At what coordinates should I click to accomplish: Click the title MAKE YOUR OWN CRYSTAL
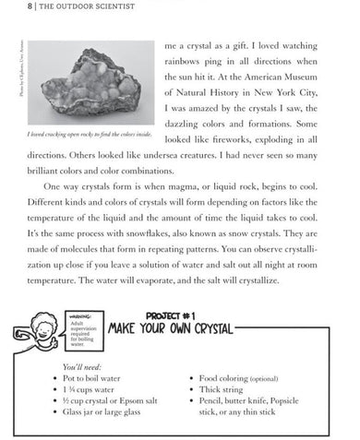(x=172, y=329)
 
